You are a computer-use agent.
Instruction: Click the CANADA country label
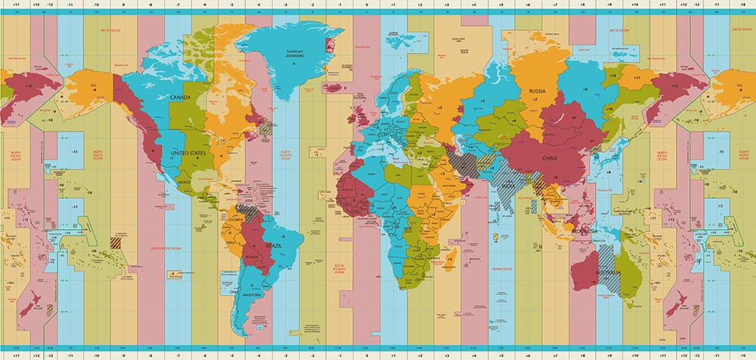pos(180,98)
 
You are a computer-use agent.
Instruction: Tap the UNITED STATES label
pos(189,154)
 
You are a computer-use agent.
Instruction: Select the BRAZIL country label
pos(274,246)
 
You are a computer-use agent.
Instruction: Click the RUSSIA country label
pos(537,92)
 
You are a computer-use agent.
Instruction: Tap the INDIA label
pos(510,186)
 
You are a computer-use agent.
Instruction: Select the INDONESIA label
pos(584,230)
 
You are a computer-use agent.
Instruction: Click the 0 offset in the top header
pos(366,5)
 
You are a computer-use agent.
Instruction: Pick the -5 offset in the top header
pos(232,5)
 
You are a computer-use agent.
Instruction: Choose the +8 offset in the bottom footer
pos(581,355)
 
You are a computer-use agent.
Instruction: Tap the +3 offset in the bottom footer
pos(447,355)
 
